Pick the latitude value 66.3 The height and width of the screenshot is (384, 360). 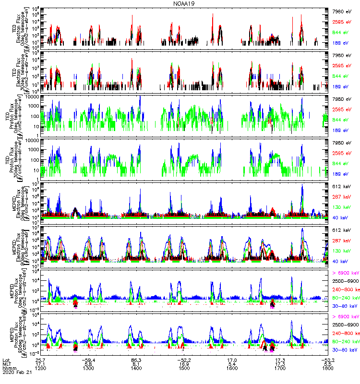[x=136, y=359]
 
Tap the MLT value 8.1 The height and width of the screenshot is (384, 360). [x=136, y=363]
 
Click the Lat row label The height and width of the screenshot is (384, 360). [x=7, y=359]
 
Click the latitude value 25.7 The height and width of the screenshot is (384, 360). [x=40, y=359]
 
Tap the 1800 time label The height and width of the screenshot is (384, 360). [x=328, y=368]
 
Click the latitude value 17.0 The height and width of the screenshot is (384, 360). [x=232, y=359]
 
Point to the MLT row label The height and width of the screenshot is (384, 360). [x=7, y=363]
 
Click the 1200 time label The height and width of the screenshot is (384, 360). [x=40, y=368]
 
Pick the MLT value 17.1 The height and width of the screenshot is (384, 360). [x=40, y=363]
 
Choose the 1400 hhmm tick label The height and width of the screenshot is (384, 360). [x=136, y=368]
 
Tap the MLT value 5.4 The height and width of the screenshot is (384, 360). [x=232, y=363]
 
